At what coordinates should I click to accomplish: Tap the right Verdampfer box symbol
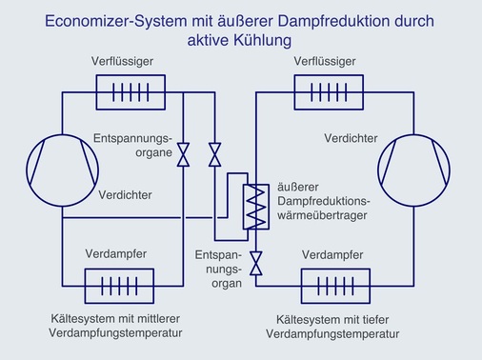(335, 285)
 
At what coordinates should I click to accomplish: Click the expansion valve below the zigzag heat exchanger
(255, 263)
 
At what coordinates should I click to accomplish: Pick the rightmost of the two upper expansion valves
(215, 151)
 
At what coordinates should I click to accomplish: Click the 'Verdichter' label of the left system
(126, 195)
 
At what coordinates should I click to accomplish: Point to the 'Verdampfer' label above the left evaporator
(115, 254)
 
